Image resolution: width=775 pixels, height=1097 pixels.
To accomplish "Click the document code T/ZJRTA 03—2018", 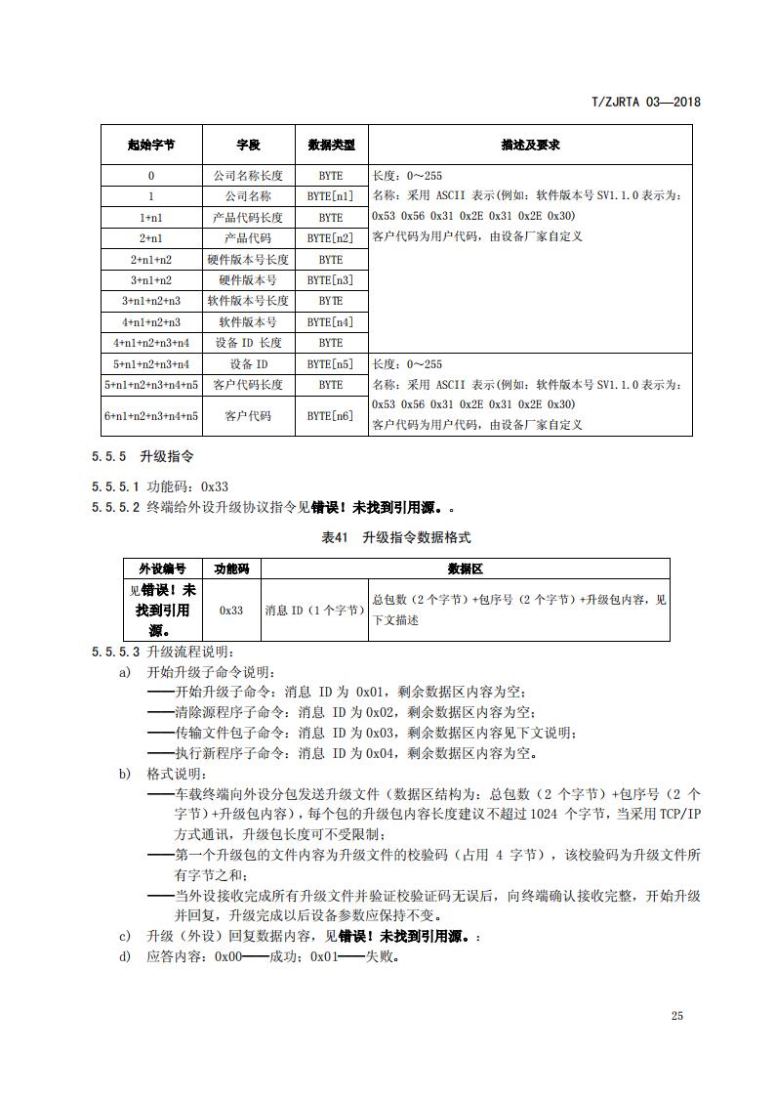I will pos(647,102).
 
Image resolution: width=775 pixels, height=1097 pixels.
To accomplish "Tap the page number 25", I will pos(677,1016).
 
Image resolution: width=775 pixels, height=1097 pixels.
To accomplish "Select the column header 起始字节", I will pos(151,145).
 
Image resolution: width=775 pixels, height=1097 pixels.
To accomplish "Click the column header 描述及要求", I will pos(530,145).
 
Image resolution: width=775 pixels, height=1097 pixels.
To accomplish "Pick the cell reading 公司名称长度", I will pos(248,176).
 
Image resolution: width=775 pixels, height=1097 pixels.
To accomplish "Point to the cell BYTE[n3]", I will pos(331,280).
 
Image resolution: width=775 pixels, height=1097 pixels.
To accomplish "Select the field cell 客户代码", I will pos(248,416).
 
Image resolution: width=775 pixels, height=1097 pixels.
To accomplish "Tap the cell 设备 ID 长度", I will pos(248,343).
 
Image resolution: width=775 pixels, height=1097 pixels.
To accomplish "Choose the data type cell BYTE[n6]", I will pos(331,416).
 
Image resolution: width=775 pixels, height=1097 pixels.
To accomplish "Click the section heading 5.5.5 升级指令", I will pos(143,456).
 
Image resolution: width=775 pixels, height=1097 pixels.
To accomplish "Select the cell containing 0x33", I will pos(231,611).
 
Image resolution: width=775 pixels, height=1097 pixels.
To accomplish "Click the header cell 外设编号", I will pos(162,569).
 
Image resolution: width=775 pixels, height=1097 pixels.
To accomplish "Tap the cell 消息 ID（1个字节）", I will pos(314,611).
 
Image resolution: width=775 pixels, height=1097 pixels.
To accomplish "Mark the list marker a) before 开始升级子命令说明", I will pos(124,672).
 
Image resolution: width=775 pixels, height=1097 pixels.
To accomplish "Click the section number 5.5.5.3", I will pos(116,652).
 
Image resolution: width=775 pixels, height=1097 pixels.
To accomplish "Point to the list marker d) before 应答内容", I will pos(124,956).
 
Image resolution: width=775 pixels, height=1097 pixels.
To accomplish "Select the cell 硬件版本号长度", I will pos(248,260).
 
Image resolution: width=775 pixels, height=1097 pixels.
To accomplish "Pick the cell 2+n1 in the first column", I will pos(151,238).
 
